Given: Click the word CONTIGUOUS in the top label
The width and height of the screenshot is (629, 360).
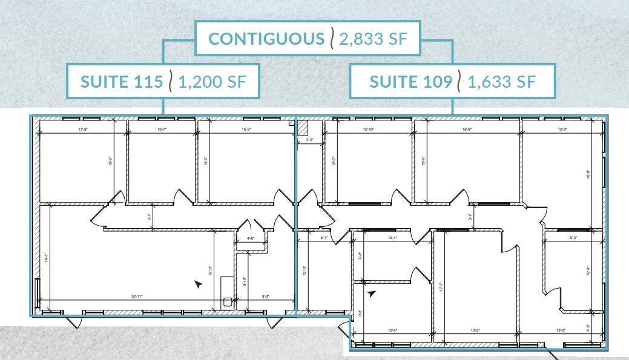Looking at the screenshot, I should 266,39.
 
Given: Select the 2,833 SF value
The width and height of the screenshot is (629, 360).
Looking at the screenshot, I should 370,39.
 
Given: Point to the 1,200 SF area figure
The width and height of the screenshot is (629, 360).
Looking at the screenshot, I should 212,81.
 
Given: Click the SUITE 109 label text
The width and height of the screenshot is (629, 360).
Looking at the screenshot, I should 410,81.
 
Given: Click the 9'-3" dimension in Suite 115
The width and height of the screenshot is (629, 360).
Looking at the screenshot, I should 266,296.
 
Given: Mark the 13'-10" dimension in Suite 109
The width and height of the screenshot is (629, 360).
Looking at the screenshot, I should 369,129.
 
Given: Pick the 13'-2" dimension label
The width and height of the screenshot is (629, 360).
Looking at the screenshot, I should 476,330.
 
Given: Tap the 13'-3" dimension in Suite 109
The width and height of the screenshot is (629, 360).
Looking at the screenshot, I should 561,330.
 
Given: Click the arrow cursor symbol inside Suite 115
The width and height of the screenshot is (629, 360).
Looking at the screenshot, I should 197,283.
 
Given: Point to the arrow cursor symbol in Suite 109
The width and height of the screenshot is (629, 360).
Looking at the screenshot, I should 372,293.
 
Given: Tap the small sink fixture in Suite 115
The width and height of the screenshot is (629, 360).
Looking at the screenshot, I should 228,301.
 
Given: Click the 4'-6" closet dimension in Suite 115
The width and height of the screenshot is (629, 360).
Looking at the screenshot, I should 251,238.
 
